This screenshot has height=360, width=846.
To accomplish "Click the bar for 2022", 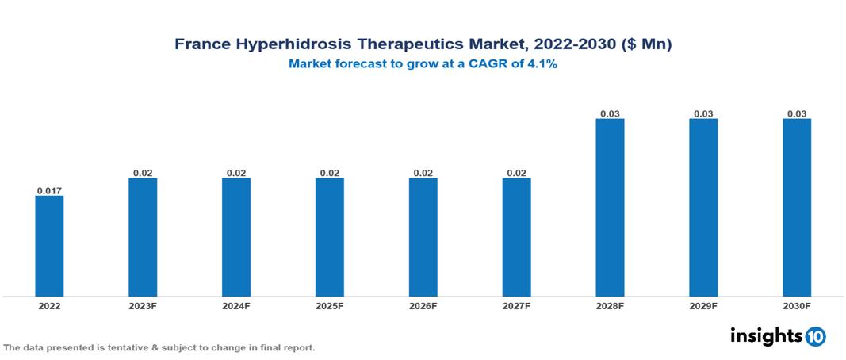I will [x=49, y=246].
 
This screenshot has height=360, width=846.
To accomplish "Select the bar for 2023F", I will [x=143, y=237].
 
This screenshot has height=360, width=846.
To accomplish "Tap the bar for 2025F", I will [x=330, y=237].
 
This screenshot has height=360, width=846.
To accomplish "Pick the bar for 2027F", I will [x=516, y=237].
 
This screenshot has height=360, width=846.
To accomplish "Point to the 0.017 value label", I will [x=49, y=190].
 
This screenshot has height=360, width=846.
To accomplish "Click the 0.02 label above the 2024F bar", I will [x=236, y=173].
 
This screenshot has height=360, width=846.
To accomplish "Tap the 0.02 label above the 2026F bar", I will [x=423, y=173].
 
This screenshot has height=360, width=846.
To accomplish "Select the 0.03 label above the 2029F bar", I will [x=703, y=114].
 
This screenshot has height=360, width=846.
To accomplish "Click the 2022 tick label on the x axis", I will [x=49, y=305].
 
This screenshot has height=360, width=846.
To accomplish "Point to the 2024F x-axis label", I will [x=236, y=305].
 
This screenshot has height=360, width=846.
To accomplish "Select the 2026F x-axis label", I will [x=423, y=305].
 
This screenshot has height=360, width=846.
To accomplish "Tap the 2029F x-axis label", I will [x=703, y=305].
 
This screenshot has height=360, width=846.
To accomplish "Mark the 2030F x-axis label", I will [x=797, y=305].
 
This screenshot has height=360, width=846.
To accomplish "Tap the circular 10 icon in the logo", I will [x=815, y=336].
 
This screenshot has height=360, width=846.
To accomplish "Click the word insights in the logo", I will [x=766, y=335].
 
